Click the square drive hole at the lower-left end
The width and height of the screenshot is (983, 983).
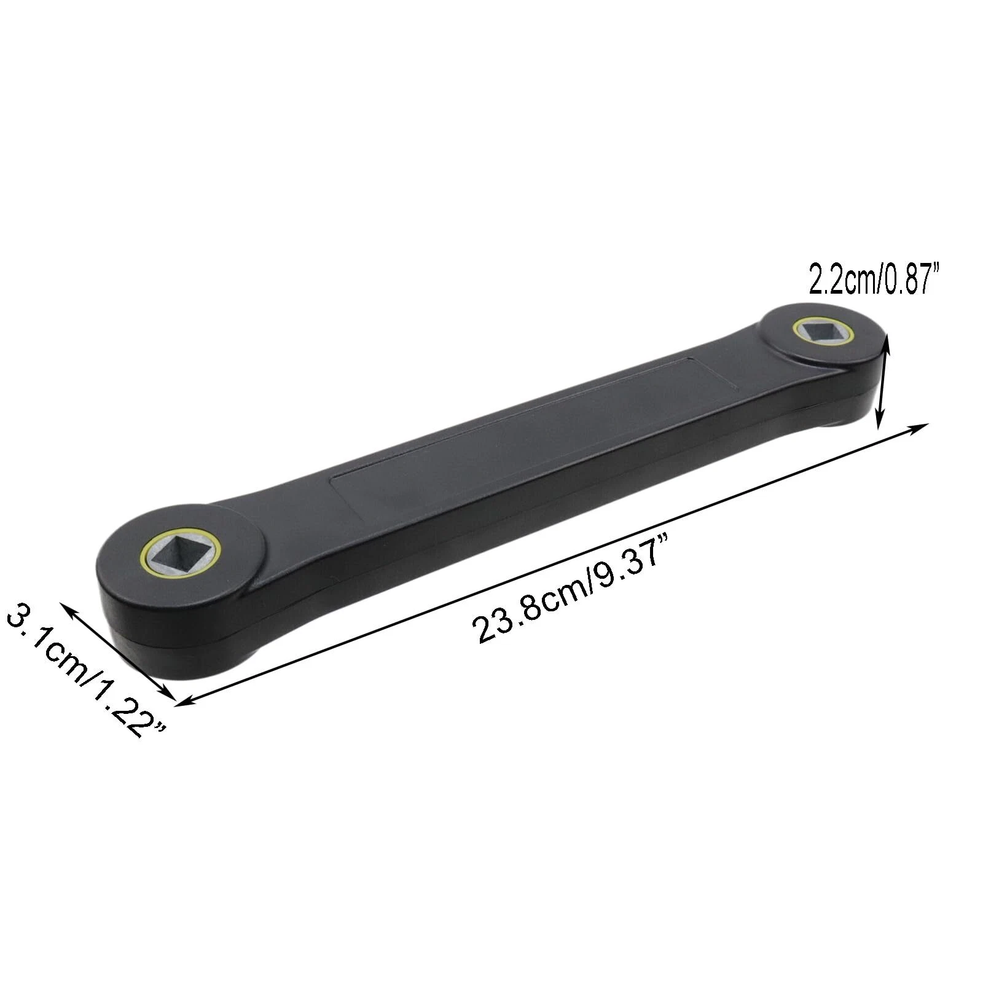pyautogui.click(x=181, y=553)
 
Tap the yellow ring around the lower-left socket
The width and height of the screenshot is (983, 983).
pyautogui.click(x=181, y=552)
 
